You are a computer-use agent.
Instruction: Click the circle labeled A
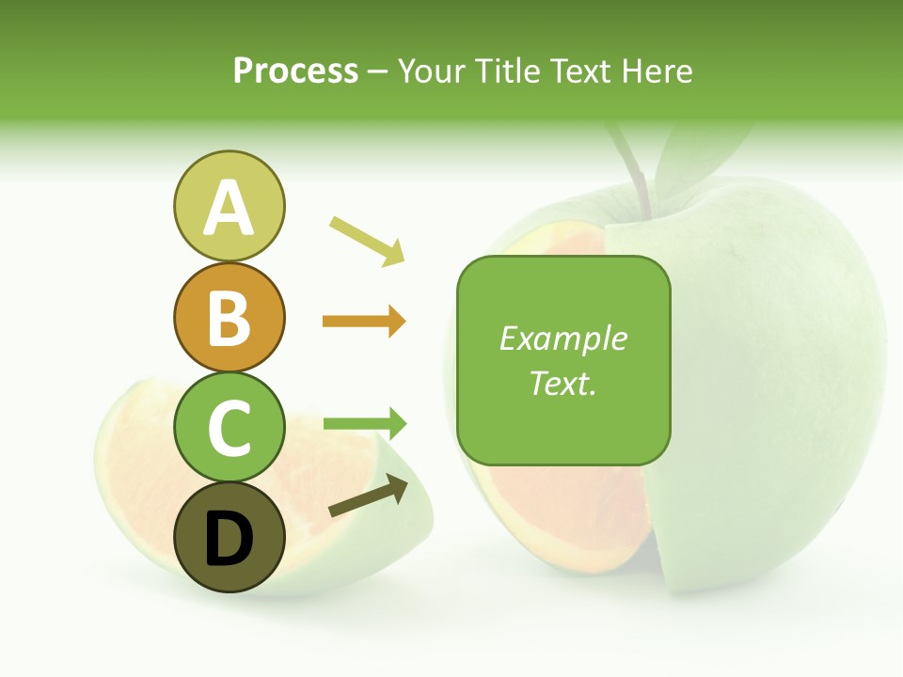pos(229,207)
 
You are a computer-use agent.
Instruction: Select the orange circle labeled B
pos(229,318)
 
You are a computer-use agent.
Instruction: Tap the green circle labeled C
pos(229,428)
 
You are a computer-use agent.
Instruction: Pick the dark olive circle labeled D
pos(229,538)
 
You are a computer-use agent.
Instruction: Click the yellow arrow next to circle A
pos(368,241)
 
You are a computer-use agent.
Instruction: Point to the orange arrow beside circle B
pos(364,322)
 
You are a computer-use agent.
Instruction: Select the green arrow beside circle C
pos(365,424)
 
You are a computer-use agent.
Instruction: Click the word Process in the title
pos(295,71)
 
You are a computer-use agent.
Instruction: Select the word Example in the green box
pos(562,338)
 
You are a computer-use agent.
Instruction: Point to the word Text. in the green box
pos(562,383)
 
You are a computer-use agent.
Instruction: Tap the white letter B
pos(229,318)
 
